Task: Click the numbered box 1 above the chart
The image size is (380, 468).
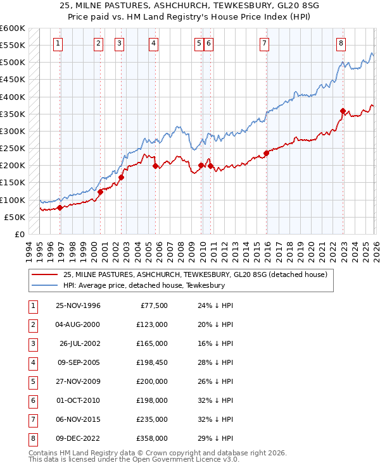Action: point(58,44)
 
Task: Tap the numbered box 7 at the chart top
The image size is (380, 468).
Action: point(263,44)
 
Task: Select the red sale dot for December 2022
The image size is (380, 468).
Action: point(343,111)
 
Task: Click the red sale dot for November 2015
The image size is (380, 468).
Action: point(267,153)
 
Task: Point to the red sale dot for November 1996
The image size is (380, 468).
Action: point(60,207)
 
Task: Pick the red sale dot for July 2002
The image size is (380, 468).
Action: point(121,177)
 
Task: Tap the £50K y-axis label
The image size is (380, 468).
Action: point(14,217)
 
